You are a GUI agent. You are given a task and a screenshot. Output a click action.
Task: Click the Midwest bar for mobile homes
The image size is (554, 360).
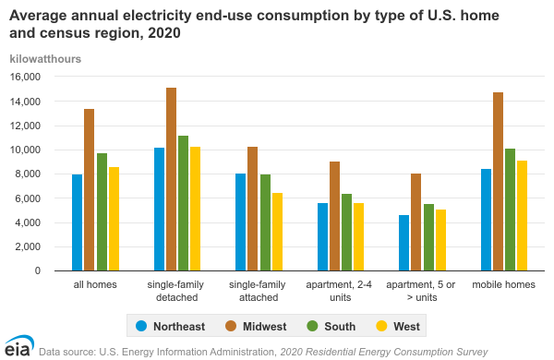pyautogui.click(x=499, y=181)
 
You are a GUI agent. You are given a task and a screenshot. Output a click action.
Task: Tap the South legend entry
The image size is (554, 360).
pyautogui.click(x=328, y=325)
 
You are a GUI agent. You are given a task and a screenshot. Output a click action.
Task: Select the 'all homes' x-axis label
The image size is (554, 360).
pyautogui.click(x=95, y=284)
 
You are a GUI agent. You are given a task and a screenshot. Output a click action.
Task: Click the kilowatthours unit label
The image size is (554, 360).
pyautogui.click(x=45, y=59)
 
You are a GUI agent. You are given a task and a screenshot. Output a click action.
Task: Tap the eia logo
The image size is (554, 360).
pyautogui.click(x=17, y=349)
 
